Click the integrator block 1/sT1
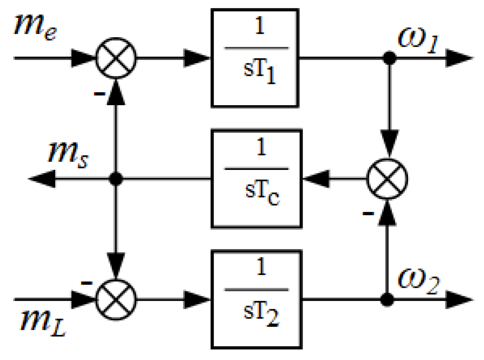click(x=255, y=58)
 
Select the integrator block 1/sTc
click(x=256, y=179)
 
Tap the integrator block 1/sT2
click(x=256, y=300)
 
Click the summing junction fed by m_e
click(x=116, y=58)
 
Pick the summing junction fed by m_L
click(x=116, y=300)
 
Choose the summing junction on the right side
click(x=387, y=179)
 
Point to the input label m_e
click(x=35, y=27)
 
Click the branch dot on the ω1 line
click(x=389, y=58)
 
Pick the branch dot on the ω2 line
click(x=387, y=300)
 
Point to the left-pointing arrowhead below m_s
click(x=42, y=179)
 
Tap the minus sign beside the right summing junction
click(x=368, y=213)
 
